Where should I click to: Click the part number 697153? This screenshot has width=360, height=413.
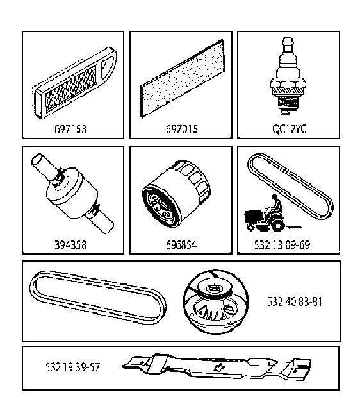(70, 129)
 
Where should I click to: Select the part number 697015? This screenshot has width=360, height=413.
(181, 129)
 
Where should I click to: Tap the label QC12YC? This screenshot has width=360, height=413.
(289, 129)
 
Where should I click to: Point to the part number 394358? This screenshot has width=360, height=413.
(70, 245)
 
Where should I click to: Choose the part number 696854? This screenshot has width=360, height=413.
(181, 245)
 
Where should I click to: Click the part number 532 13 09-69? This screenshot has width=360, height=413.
(282, 245)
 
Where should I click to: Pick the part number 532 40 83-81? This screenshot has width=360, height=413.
(294, 301)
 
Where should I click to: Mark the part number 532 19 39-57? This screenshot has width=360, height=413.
(72, 367)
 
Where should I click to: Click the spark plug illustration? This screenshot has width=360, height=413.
(288, 76)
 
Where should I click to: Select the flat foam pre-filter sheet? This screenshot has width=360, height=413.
(182, 78)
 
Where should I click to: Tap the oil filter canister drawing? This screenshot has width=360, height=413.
(176, 194)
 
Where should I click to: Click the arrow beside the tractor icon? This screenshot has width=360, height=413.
(294, 226)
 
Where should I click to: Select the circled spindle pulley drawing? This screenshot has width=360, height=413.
(216, 302)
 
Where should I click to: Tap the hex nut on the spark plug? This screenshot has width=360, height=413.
(288, 85)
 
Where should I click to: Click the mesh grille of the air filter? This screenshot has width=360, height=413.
(71, 90)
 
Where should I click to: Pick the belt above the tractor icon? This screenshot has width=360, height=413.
(290, 186)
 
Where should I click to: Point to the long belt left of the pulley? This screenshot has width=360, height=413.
(98, 297)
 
